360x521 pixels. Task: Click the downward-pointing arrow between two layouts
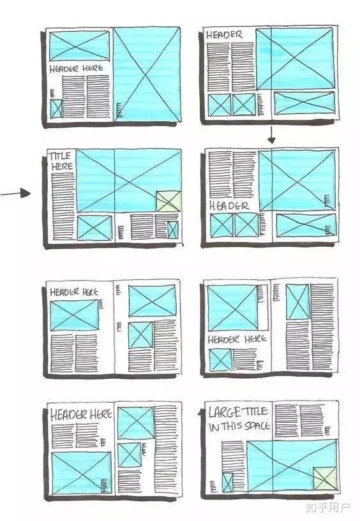coord(271,135)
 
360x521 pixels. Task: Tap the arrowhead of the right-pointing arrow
coord(25,193)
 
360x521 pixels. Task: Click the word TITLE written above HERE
coord(60,156)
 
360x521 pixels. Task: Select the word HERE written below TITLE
coord(62,166)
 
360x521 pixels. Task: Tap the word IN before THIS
coord(214,427)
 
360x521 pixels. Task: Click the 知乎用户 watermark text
coord(327,508)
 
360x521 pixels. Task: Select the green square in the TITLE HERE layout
coord(169,202)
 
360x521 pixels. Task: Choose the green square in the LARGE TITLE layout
coord(325,478)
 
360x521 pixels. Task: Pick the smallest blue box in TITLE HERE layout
coord(173,230)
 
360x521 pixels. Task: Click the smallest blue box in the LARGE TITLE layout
coord(228,483)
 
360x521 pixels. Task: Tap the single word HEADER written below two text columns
coord(229,206)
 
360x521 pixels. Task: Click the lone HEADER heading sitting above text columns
coord(224,35)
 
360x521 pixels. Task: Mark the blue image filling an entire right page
coord(147,75)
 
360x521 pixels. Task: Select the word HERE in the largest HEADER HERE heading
coord(101,415)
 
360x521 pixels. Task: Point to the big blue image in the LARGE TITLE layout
coord(292,466)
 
